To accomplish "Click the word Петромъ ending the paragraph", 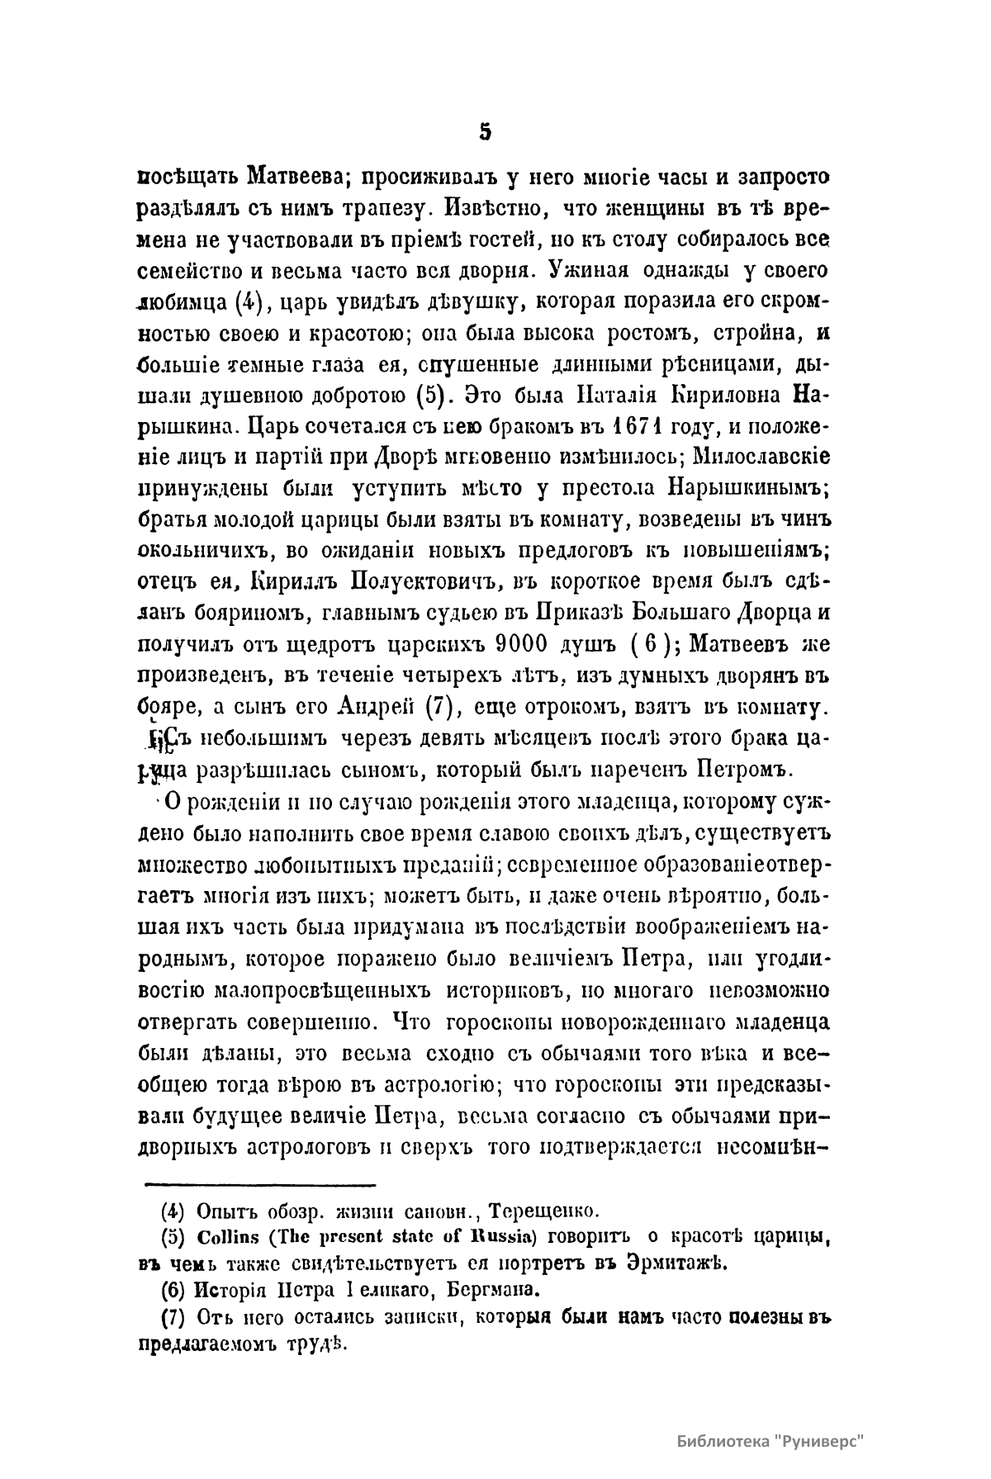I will [747, 771].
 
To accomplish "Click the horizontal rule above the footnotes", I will [260, 1183].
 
